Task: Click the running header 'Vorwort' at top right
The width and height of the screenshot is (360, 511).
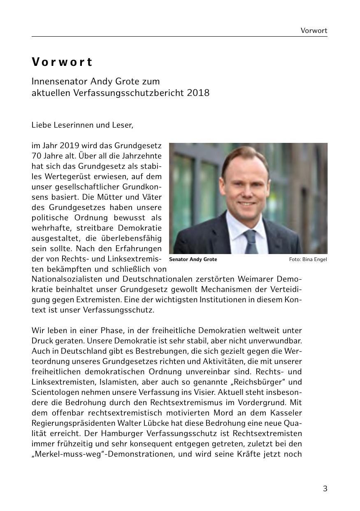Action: [314, 30]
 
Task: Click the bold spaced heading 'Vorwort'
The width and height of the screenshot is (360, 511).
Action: [62, 62]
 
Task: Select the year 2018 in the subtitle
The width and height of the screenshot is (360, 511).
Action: [198, 93]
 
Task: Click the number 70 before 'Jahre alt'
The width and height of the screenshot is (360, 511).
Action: [36, 156]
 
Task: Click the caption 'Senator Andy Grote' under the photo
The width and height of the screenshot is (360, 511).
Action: [193, 259]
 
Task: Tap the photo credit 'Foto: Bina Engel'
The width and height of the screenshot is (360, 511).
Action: [308, 259]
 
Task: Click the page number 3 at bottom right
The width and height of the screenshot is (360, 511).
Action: [325, 489]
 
